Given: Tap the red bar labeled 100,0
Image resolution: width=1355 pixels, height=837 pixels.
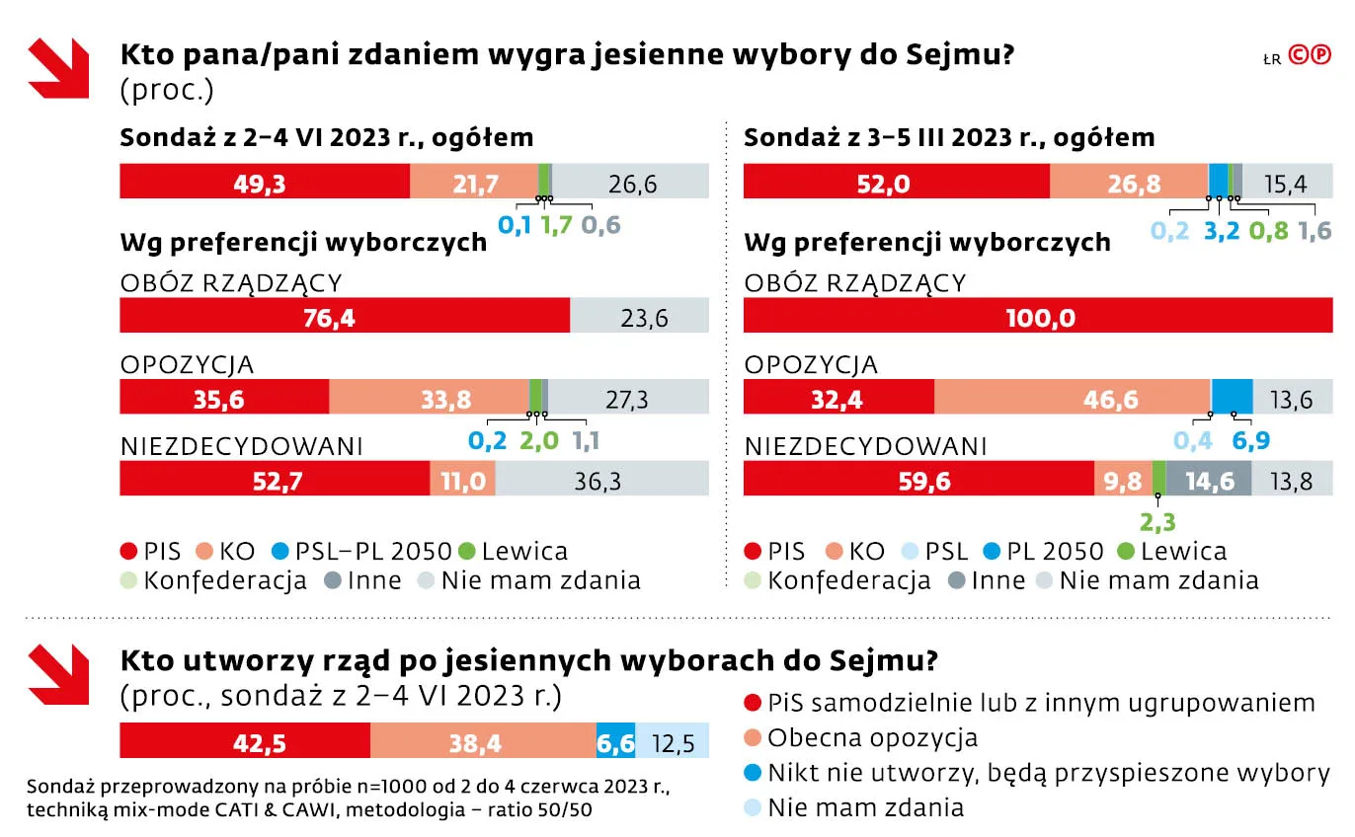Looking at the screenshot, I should pyautogui.click(x=1037, y=318).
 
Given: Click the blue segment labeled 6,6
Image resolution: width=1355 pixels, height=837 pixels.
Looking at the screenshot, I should pyautogui.click(x=615, y=741).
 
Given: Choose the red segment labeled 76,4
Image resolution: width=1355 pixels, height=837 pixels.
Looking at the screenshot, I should pyautogui.click(x=344, y=318).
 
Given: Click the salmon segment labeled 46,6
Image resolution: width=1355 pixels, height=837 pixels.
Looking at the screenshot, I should pyautogui.click(x=1072, y=399).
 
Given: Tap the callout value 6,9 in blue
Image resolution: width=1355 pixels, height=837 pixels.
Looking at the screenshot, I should pyautogui.click(x=1249, y=439).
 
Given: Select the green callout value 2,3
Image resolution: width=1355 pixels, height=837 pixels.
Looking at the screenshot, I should pyautogui.click(x=1157, y=520).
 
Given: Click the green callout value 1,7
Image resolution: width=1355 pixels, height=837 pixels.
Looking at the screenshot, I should pyautogui.click(x=556, y=225).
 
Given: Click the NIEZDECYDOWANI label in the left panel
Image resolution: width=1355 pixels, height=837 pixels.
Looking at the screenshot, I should pyautogui.click(x=242, y=446).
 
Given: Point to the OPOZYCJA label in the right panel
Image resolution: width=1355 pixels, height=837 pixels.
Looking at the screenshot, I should pyautogui.click(x=811, y=364).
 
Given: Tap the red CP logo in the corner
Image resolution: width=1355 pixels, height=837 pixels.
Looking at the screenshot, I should pyautogui.click(x=1310, y=57).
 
